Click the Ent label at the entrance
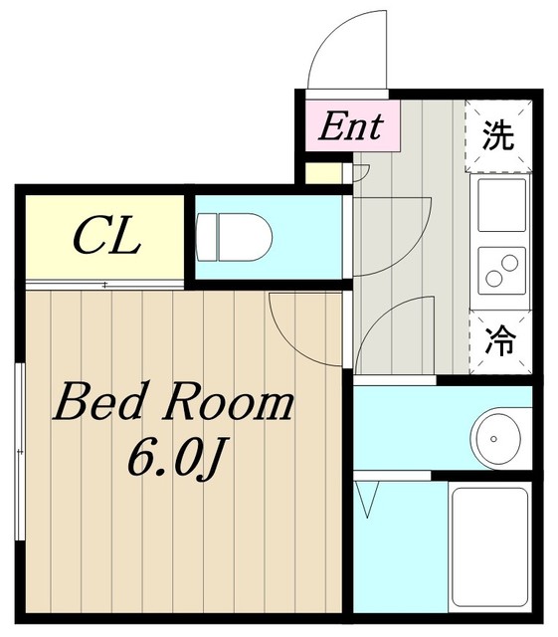pos(351,126)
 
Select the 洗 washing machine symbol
pos(498,136)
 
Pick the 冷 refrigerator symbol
pos(500,342)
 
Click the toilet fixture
pos(233,237)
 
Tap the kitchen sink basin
pos(502,205)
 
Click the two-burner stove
pos(502,270)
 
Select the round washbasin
pos(494,439)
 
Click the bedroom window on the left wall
pos(20,451)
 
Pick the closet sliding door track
pos(104,285)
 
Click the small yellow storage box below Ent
pos(323,173)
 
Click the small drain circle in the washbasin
pos(493,439)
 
